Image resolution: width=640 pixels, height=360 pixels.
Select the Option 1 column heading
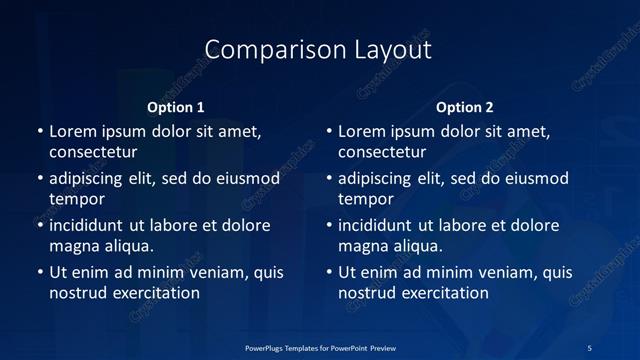click(x=176, y=107)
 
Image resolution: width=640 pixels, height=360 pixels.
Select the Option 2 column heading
click(x=465, y=107)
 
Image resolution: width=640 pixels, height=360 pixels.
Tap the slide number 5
click(x=590, y=347)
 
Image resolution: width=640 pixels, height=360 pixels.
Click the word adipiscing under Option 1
click(x=90, y=178)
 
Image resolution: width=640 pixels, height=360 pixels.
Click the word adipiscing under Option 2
click(x=379, y=178)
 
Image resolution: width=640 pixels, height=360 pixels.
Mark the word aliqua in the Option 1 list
click(x=125, y=246)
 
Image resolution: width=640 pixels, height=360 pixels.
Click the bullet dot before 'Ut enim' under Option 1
click(x=40, y=272)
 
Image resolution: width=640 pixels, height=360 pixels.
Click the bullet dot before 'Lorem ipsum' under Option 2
click(x=329, y=131)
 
